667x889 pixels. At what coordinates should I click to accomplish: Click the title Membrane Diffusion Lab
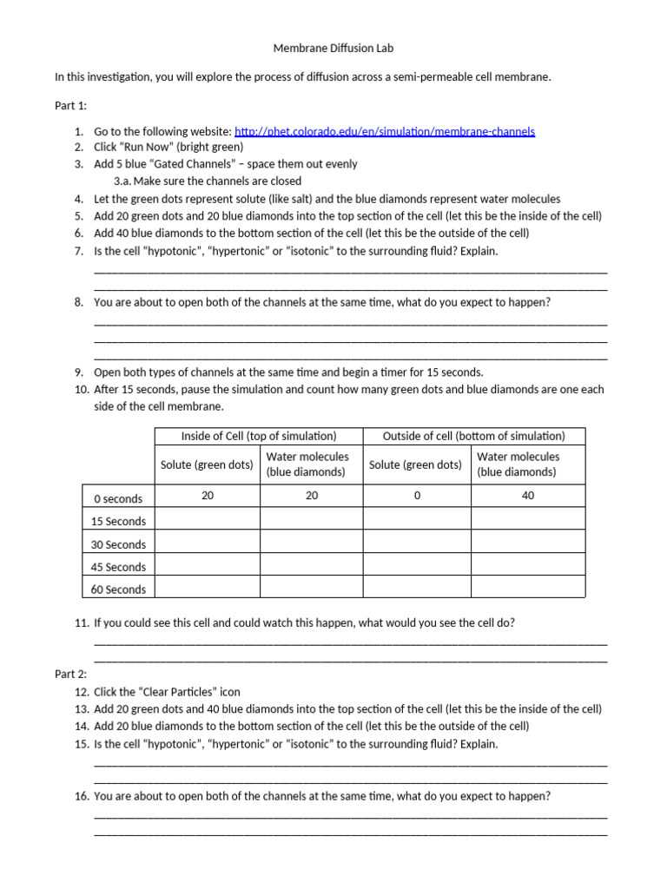tap(333, 49)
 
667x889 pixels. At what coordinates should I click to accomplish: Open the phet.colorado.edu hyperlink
tap(385, 131)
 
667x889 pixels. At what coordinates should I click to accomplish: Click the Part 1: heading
tap(70, 105)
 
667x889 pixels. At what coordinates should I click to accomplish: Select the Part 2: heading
tap(70, 674)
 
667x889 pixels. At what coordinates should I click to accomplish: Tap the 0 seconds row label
tap(118, 498)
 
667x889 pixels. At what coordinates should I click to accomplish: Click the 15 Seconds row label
tap(118, 521)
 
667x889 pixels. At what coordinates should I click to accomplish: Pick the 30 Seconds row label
tap(118, 544)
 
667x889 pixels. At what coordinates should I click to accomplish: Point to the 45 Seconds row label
tap(118, 567)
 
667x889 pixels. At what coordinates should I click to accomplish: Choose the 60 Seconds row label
tap(118, 589)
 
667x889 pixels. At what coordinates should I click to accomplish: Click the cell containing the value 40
tap(528, 496)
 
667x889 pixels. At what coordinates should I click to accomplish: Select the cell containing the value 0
tap(417, 496)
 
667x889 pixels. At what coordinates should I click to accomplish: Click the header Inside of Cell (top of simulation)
tap(258, 436)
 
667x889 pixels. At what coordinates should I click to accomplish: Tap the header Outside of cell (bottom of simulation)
tap(473, 436)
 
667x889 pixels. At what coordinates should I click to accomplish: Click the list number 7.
tap(78, 251)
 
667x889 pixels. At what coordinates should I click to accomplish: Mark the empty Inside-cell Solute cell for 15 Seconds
tap(207, 519)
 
